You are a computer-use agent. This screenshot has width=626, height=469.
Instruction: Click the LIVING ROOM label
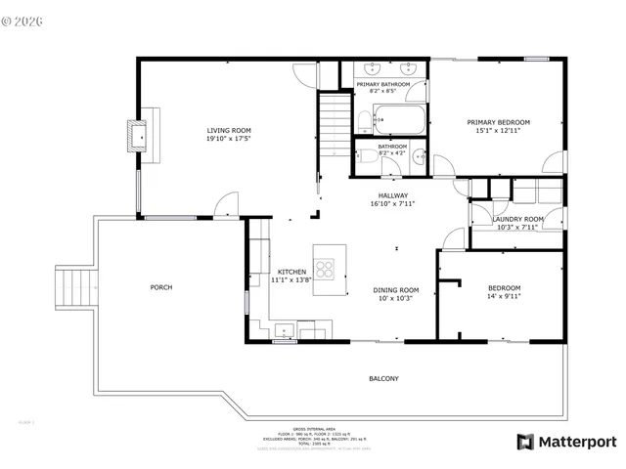coord(228,131)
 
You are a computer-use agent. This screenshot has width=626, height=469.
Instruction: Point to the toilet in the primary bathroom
coord(362,122)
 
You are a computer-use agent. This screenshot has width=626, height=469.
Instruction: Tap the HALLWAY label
coord(393,195)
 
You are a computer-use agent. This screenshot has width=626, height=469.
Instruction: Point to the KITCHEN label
coord(291,272)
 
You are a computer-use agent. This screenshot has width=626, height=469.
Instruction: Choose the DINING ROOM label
coord(395,289)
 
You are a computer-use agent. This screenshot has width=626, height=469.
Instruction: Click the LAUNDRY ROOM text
coord(518,219)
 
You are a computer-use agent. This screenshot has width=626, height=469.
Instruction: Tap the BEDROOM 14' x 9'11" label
coord(504,291)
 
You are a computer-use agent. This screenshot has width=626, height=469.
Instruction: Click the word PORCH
coord(160,287)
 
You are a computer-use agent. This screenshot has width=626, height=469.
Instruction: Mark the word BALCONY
coord(383,378)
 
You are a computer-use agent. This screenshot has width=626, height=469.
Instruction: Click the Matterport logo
coord(566,442)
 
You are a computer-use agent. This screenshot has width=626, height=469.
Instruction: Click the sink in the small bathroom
coord(419,153)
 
